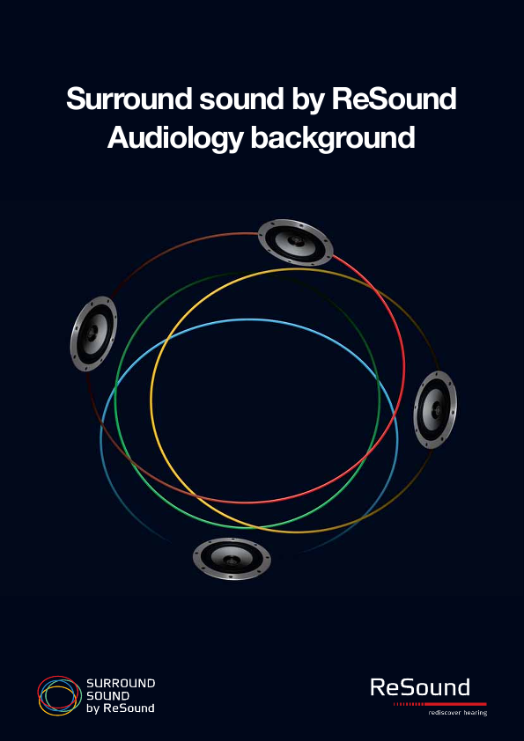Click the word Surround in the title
point(129,99)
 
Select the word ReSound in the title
point(394,99)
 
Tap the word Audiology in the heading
point(174,139)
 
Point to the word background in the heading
point(333,139)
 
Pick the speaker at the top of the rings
point(296,242)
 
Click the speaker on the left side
point(93,334)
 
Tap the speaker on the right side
point(435,410)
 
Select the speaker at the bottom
point(232,559)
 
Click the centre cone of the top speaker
point(296,241)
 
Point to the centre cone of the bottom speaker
point(232,559)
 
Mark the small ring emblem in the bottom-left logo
point(57,695)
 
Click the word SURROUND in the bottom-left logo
point(121,683)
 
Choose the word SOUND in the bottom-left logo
point(107,695)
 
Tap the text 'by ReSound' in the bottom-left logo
point(120,708)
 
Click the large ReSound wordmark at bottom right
point(420,687)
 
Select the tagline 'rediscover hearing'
point(457,712)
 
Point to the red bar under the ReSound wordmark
point(439,704)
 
